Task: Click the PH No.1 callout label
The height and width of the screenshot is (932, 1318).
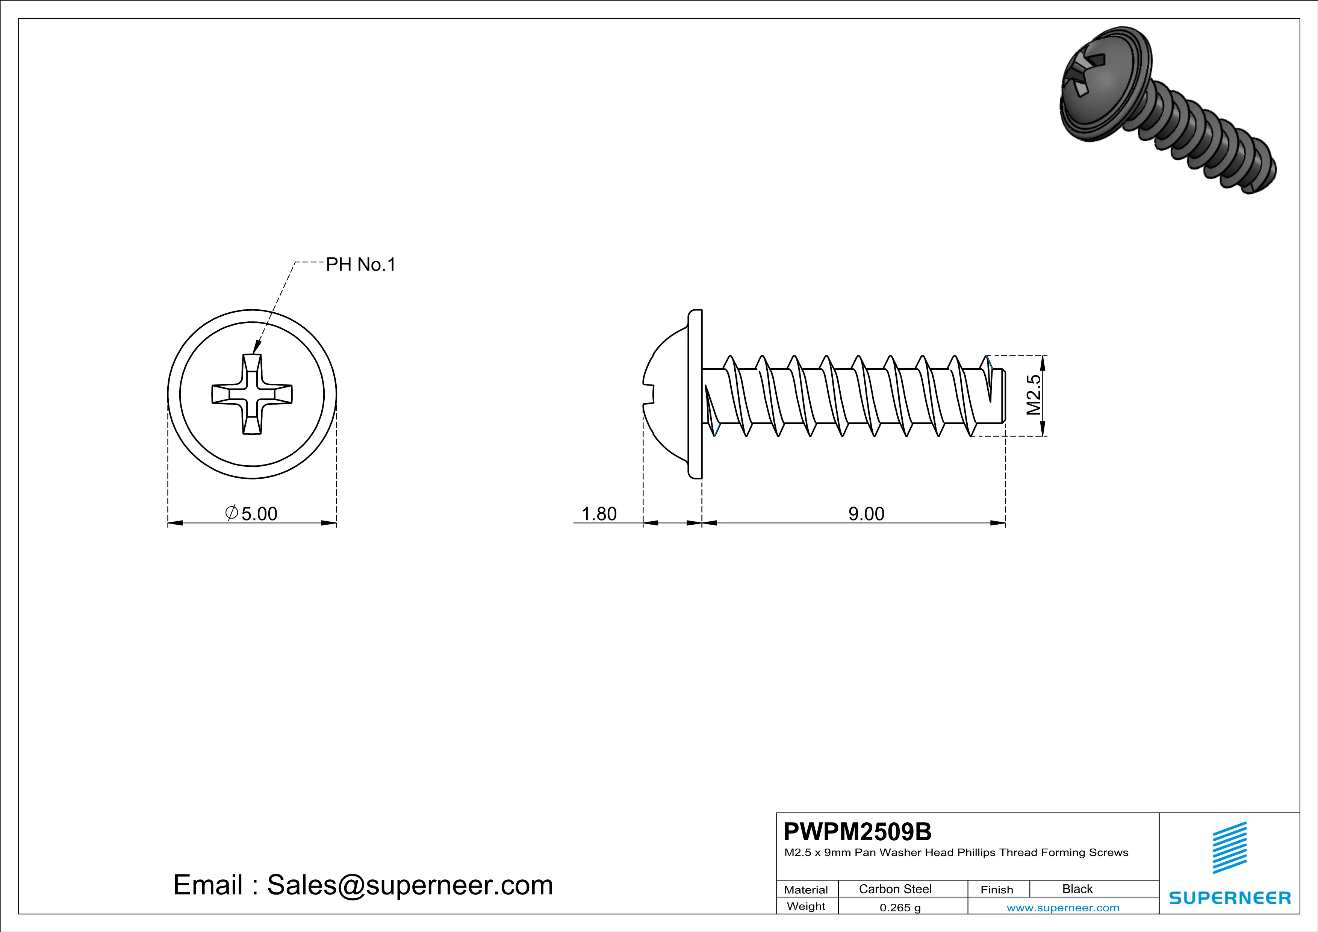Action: (x=360, y=265)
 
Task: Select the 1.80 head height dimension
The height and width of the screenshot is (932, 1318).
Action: (x=599, y=514)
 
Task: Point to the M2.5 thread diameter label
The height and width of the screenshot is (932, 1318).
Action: (x=1033, y=395)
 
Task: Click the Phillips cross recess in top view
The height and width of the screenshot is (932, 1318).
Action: (x=252, y=394)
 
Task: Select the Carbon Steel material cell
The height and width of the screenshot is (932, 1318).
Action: (x=895, y=889)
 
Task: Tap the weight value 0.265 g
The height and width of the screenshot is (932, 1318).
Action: (x=899, y=907)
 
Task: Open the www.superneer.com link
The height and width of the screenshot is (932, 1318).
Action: (x=1062, y=907)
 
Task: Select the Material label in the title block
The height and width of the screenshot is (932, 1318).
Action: (x=806, y=890)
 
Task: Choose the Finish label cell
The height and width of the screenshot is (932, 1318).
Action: (x=997, y=890)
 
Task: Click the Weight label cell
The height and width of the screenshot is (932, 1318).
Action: (x=806, y=906)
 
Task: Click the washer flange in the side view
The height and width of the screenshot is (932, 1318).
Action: (x=695, y=394)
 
